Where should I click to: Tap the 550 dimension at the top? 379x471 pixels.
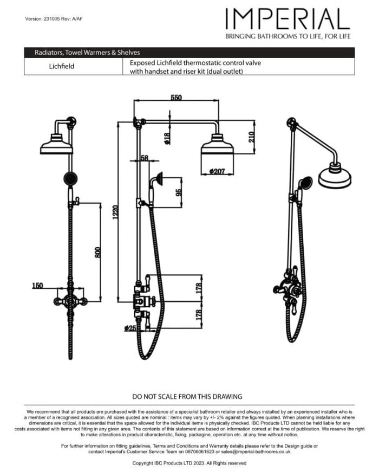[x=177, y=98]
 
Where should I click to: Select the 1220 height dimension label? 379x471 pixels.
[x=114, y=211]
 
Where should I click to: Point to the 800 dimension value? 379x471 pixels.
[x=98, y=251]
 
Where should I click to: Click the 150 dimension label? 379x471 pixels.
[x=37, y=285]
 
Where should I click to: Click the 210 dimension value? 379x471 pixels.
[x=251, y=137]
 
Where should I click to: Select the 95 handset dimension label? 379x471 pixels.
[x=179, y=192]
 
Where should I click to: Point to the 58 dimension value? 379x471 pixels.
[x=144, y=158]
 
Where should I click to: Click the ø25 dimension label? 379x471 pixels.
[x=130, y=328]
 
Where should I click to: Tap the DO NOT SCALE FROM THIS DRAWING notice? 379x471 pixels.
[x=187, y=396]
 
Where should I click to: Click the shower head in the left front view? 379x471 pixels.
[x=56, y=145]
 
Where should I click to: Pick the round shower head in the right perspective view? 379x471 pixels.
[x=335, y=176]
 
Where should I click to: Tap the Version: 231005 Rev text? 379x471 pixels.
[x=54, y=19]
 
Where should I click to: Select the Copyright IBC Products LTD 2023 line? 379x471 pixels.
[x=189, y=463]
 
